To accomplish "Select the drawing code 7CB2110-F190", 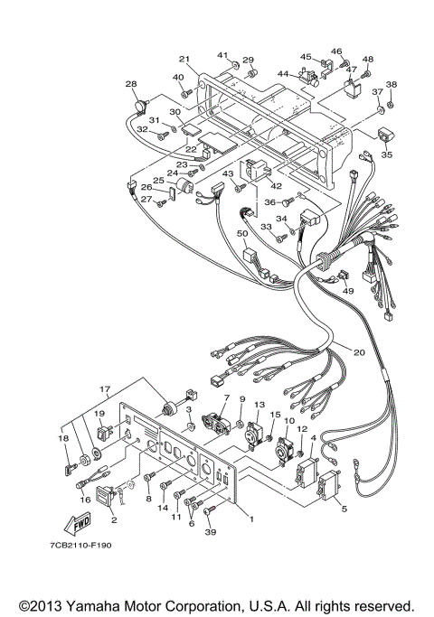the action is [80, 546].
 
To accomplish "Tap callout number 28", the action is [131, 84].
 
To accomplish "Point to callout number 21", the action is [184, 60].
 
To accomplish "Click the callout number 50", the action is [242, 233].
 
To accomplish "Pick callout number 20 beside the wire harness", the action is [359, 352].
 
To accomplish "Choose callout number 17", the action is [105, 389].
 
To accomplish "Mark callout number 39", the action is [212, 532].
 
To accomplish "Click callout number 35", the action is [387, 154].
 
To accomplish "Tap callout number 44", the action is [283, 73].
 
